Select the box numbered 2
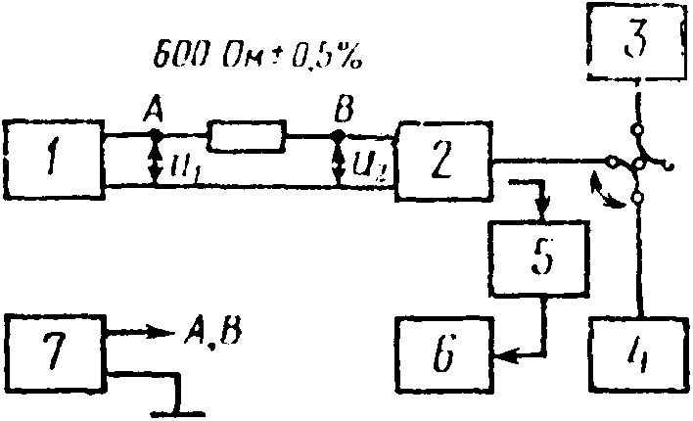(442, 158)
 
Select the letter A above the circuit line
(152, 112)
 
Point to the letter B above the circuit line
(342, 112)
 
